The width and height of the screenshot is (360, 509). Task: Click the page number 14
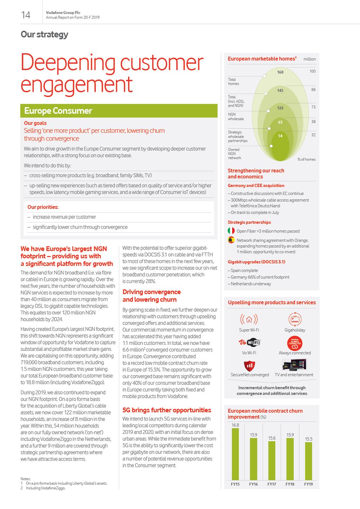(26, 15)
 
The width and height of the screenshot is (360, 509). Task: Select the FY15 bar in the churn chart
(235, 454)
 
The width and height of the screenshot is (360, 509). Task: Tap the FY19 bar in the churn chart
(308, 461)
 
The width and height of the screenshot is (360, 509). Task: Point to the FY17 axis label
(272, 484)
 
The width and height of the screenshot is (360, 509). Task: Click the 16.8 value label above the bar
(235, 425)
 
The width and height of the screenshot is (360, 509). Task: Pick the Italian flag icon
(231, 231)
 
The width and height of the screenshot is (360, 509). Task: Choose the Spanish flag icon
(231, 240)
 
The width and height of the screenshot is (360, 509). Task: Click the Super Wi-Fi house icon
(249, 319)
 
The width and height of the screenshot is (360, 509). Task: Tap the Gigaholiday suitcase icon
(295, 319)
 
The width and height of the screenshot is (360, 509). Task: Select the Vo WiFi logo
(249, 342)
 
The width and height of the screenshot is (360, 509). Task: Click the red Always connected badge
(295, 343)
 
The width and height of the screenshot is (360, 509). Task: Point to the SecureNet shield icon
(249, 366)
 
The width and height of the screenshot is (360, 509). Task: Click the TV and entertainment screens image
(294, 364)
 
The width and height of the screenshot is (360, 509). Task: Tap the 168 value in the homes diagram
(280, 72)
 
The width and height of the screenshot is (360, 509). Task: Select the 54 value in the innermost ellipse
(280, 136)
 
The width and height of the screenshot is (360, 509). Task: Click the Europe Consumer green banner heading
(58, 111)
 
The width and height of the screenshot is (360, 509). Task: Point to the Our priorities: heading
(43, 207)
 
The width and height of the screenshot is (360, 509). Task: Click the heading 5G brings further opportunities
(167, 410)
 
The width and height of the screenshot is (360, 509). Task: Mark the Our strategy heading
(44, 34)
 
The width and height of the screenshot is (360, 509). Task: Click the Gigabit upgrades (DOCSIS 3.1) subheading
(256, 262)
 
